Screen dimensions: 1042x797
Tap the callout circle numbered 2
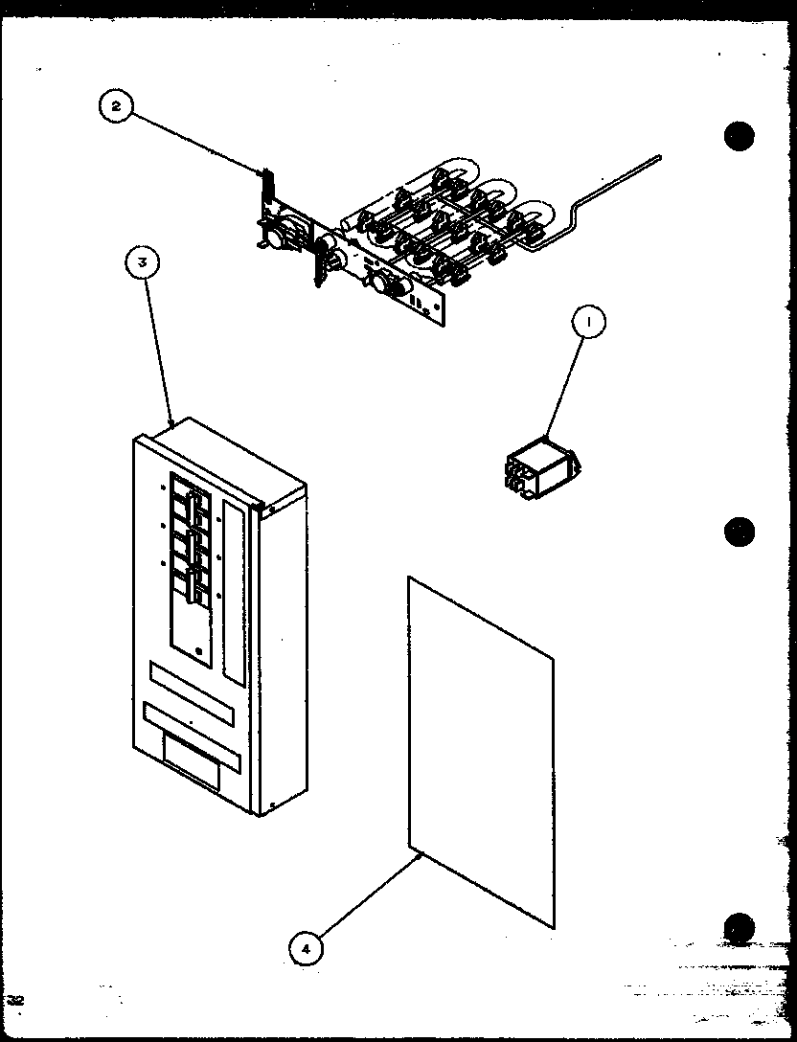point(116,106)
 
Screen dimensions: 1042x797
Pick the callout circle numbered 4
point(306,948)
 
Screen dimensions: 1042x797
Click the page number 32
point(15,1000)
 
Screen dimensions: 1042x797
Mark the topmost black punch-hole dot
point(739,137)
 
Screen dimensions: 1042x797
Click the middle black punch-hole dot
point(739,531)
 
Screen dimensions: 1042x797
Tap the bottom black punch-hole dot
point(739,926)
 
